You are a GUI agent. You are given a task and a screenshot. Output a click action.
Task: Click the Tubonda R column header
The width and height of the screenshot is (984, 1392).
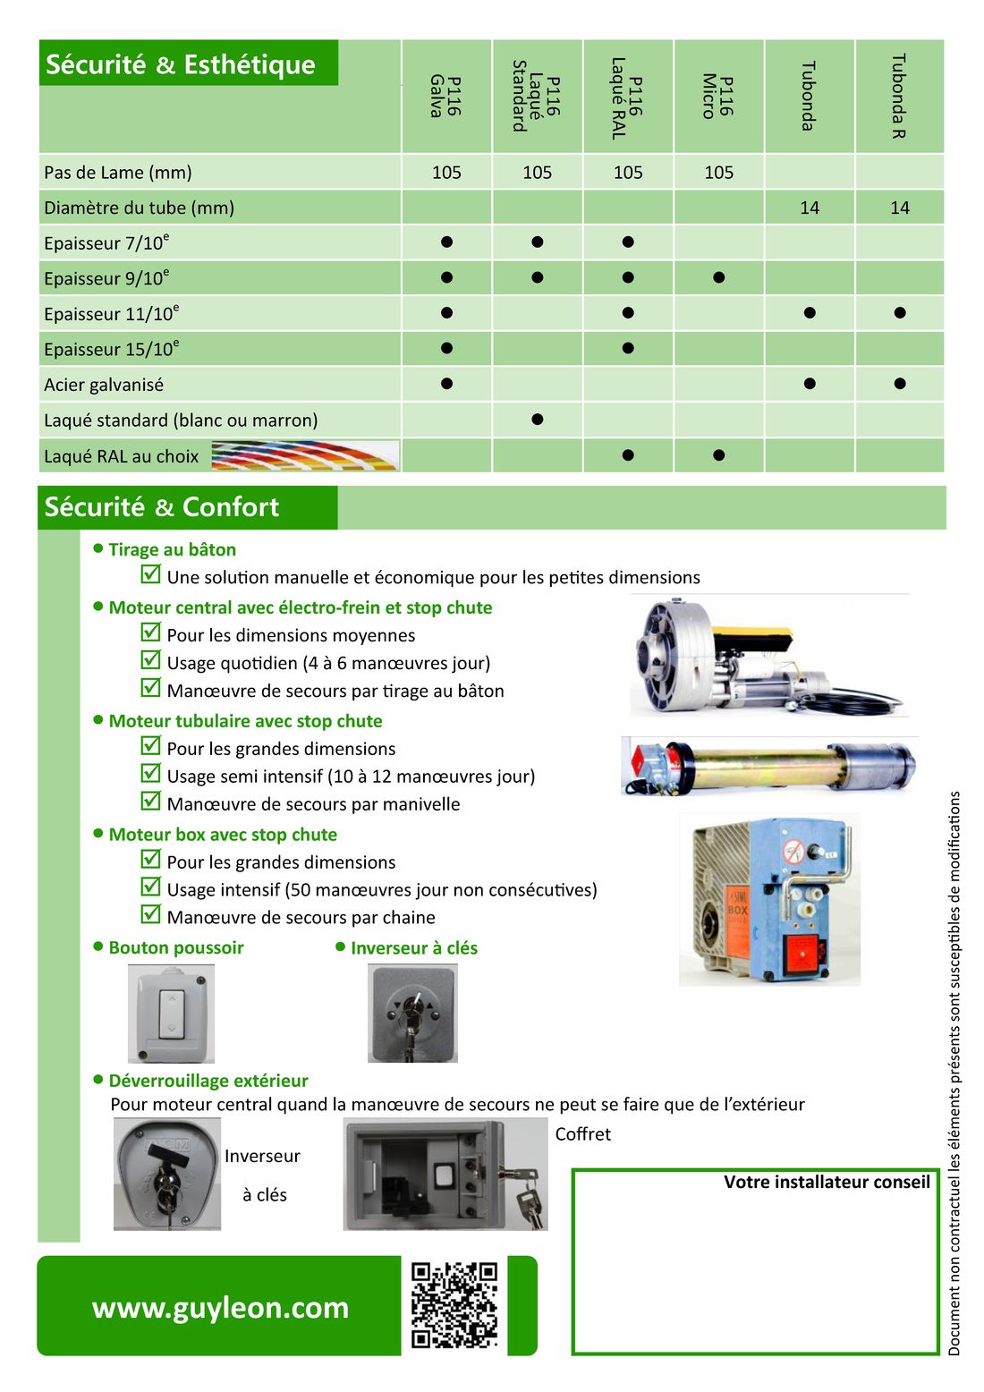[x=899, y=96]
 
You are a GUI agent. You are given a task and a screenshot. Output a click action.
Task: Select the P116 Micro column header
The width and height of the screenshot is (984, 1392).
[x=718, y=96]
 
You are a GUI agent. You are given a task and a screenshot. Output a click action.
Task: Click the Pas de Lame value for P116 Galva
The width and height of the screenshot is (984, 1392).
[x=446, y=172]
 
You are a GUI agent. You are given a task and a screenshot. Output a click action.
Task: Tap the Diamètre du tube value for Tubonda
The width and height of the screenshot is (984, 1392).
[x=809, y=208]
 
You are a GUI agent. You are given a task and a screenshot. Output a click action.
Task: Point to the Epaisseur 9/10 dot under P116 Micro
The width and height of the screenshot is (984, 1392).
[x=718, y=277]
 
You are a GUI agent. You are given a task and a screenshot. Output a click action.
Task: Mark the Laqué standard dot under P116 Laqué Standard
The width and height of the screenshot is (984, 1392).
[x=537, y=420]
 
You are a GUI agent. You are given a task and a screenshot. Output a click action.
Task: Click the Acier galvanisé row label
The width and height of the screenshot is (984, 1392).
[x=104, y=385]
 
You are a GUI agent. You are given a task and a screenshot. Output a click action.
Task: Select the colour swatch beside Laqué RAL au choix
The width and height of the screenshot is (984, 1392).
[x=304, y=455]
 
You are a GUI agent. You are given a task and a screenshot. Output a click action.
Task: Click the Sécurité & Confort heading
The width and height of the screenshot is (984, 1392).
[x=162, y=507]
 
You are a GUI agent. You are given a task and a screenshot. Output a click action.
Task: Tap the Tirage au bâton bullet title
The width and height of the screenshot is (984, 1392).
[x=172, y=549]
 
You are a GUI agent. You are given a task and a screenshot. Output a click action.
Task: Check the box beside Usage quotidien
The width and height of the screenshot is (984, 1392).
[x=151, y=660]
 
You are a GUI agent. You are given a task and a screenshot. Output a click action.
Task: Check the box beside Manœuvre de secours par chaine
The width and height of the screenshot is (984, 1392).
[x=151, y=914]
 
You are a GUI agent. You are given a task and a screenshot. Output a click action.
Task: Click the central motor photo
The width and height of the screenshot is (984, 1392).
[x=768, y=657]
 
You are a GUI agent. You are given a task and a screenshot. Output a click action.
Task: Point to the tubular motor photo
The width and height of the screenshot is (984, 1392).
[x=769, y=766]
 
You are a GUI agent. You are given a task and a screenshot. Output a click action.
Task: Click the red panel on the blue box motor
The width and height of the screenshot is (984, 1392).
[x=802, y=954]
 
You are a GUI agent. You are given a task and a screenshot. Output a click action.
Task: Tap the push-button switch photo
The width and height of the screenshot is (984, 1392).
[x=171, y=1014]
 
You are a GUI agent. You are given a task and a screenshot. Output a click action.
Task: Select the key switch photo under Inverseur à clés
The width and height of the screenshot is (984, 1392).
[x=412, y=1014]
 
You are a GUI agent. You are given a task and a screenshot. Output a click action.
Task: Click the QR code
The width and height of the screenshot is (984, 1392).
[x=454, y=1305]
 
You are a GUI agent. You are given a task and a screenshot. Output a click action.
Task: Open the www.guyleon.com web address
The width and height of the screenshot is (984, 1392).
[x=220, y=1307]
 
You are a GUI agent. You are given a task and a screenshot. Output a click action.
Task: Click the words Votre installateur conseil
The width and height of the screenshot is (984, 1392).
[x=827, y=1182]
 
